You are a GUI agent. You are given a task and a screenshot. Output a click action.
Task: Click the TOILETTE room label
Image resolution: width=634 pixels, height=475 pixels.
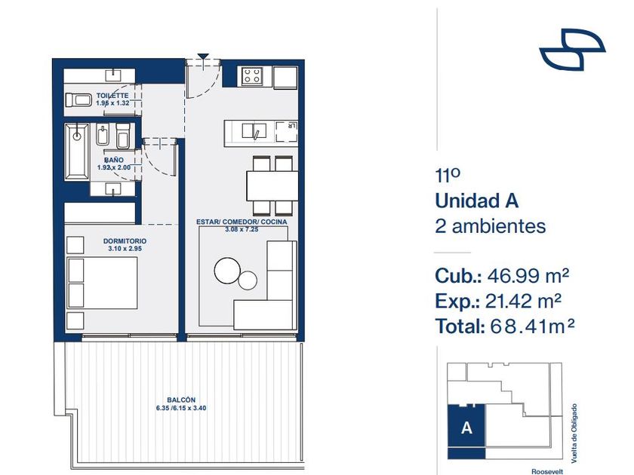coord(112,96)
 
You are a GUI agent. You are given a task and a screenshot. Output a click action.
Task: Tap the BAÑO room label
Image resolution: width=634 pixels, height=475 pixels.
coord(114,160)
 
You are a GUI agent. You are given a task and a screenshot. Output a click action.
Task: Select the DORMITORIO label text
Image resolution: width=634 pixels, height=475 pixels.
coord(125,241)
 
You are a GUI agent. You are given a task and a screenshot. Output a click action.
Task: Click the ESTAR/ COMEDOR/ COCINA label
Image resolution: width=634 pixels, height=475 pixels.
coord(242,222)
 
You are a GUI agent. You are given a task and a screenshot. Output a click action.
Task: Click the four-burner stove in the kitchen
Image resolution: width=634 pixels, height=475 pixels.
coord(252,76)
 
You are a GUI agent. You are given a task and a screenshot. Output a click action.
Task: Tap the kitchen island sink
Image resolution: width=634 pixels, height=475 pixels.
coord(254,131)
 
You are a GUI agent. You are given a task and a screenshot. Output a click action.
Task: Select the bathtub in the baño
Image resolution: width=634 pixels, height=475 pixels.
coord(77,152)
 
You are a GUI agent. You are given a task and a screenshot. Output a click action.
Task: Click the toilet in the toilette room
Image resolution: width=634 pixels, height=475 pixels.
coord(78,100)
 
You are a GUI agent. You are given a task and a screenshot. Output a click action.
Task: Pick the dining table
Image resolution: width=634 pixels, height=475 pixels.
coord(272,185)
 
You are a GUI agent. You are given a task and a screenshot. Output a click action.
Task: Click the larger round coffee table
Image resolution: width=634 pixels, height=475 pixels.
coord(228,271)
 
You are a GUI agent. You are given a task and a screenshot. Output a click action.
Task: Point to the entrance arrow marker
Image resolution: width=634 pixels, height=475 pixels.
coord(203,57)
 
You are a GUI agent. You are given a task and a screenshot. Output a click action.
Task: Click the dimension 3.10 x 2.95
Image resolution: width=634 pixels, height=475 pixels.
coord(125,249)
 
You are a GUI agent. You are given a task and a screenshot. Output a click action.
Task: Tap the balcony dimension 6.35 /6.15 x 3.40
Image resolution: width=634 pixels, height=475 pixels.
coord(181,409)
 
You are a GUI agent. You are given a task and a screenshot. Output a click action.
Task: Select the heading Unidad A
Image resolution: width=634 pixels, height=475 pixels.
coord(477,201)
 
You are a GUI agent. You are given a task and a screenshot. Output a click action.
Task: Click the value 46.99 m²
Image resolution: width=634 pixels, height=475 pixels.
coord(528,276)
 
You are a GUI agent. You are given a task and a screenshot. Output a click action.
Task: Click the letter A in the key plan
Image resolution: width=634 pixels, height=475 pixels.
coord(466,427)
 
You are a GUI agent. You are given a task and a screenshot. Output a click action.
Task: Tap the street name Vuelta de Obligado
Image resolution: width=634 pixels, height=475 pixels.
coord(574,434)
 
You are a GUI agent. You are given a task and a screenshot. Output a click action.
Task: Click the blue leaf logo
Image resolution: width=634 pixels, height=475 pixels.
coord(572,49)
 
